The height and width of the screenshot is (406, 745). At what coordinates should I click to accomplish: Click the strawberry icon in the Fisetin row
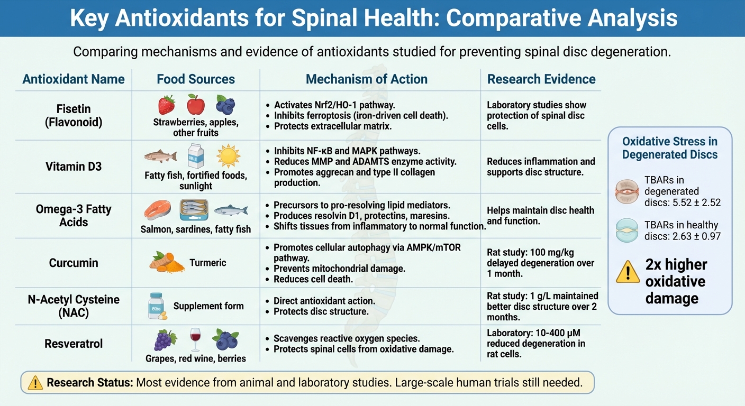[x=166, y=105]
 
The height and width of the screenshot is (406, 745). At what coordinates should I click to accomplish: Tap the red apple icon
[x=196, y=104]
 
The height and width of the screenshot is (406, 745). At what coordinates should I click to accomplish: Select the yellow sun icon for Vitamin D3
[x=228, y=156]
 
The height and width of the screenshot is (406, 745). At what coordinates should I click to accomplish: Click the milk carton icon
[x=196, y=156]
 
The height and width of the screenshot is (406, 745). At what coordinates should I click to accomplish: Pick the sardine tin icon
[x=194, y=210]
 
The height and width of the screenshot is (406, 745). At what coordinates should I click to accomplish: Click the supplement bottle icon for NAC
[x=156, y=306]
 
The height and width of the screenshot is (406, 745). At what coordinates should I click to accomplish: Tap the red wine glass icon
[x=195, y=339]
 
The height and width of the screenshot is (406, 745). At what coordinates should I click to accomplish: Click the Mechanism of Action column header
[x=366, y=79]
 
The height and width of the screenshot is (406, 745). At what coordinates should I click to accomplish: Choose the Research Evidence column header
[x=541, y=79]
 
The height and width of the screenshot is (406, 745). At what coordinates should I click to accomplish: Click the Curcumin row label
[x=74, y=263]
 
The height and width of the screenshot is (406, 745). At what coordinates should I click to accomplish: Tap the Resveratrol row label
[x=74, y=344]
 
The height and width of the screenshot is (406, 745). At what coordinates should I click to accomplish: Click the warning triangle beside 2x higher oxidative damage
[x=628, y=272]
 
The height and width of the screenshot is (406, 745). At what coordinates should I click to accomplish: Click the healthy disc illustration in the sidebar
[x=628, y=230]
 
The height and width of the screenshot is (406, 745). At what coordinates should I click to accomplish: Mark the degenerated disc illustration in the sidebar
[x=628, y=191]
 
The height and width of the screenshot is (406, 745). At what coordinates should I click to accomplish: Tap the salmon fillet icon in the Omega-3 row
[x=157, y=210]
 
